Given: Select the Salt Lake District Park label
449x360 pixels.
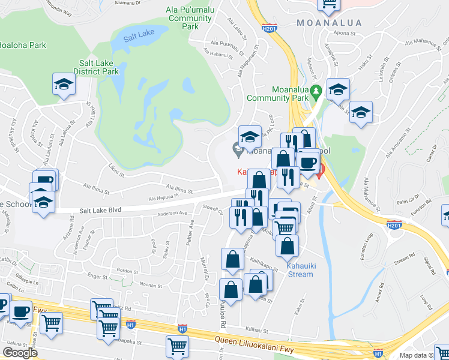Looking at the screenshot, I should [99, 67].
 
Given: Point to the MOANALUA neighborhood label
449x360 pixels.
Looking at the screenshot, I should [329, 23].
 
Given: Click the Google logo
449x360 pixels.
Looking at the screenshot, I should [20, 353].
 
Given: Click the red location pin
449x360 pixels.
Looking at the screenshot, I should [320, 172].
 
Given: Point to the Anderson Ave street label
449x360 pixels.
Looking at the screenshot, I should [172, 213].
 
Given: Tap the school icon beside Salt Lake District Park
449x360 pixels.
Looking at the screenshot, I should [63, 86].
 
